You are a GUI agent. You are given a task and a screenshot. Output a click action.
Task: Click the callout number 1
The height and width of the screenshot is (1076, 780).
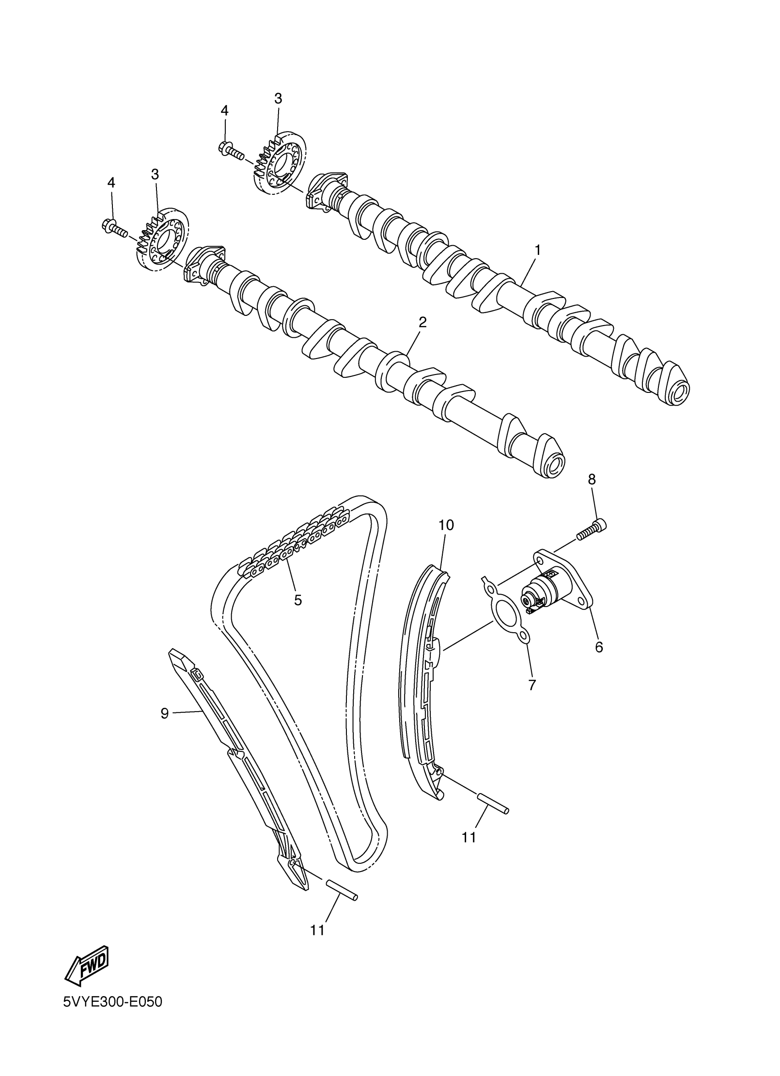pos(537,249)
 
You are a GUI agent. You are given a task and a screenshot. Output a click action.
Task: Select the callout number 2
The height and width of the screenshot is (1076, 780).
pos(422,323)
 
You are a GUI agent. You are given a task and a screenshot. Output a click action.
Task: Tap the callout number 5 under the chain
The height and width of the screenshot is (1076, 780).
pos(298,600)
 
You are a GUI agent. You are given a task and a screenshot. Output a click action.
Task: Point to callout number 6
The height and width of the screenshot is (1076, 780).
pos(599,646)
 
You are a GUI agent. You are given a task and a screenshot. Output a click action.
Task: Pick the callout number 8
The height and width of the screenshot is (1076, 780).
pos(591,479)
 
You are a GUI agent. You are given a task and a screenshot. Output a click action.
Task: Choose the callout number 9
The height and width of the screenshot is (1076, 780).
pos(165,726)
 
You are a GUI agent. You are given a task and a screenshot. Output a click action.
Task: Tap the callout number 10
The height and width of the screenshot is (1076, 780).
pos(446,525)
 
